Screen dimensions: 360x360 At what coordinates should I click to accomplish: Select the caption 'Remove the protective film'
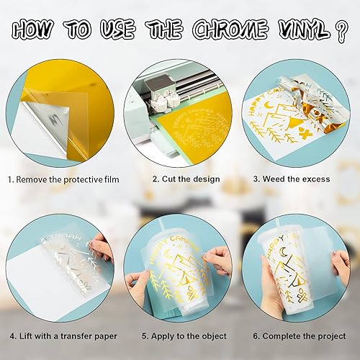[x=68, y=179]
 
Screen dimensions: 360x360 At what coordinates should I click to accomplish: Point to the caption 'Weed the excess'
[x=297, y=179]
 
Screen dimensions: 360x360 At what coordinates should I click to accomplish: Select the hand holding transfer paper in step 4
[x=102, y=248]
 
